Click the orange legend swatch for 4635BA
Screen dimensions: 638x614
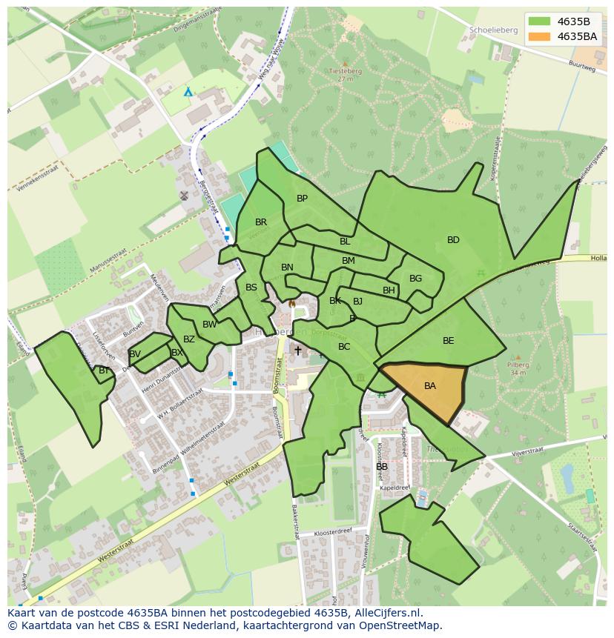(x=540, y=36)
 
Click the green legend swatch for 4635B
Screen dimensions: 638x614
(x=540, y=21)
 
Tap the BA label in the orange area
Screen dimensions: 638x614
(x=430, y=386)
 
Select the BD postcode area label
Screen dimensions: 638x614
(x=453, y=240)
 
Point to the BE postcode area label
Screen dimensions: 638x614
(x=448, y=341)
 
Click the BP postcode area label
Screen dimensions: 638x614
(x=302, y=199)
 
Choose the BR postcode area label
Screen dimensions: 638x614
(x=261, y=222)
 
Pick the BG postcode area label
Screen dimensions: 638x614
(x=415, y=279)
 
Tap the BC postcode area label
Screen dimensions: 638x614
(x=344, y=347)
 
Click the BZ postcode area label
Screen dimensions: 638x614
(x=189, y=339)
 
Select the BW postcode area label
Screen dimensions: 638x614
(x=210, y=325)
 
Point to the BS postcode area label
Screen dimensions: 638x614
(x=251, y=288)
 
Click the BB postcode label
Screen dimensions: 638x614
(x=382, y=467)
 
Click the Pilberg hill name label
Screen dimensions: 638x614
(x=518, y=365)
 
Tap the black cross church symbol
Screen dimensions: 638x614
(x=297, y=350)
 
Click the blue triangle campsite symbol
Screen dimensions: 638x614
(x=188, y=92)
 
